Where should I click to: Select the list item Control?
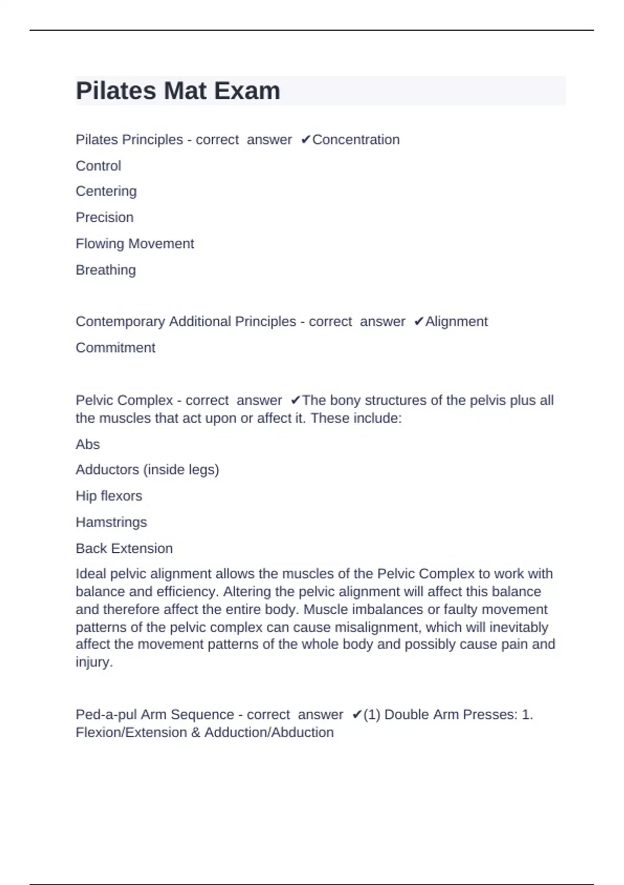point(98,166)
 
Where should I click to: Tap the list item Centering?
point(106,191)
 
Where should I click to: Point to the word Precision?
point(105,217)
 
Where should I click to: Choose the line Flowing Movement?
point(135,244)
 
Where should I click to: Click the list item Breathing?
point(106,270)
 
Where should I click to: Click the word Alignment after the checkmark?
point(456,321)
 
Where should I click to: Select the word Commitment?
point(115,347)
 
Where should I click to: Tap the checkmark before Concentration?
point(306,140)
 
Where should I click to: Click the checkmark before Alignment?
point(419,322)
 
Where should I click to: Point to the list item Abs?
point(87,444)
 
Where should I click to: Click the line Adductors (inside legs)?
point(147,470)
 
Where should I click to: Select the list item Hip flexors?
point(109,496)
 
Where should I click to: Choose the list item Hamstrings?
point(111,522)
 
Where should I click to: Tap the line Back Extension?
point(124,548)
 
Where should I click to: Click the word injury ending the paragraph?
point(93,662)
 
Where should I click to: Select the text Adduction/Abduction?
point(269,732)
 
